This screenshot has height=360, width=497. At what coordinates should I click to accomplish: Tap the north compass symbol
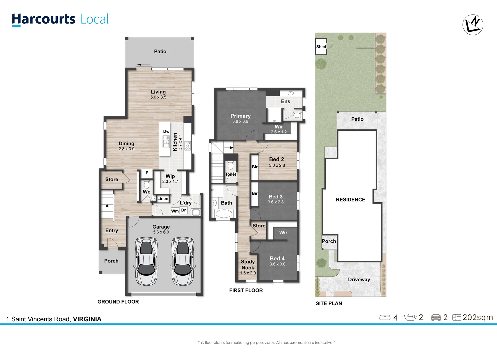pyautogui.click(x=473, y=25)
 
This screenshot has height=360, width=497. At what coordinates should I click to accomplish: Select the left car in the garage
pyautogui.click(x=146, y=261)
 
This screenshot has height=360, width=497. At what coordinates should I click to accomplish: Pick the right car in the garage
pyautogui.click(x=183, y=261)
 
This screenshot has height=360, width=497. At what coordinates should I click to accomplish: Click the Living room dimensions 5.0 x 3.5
pyautogui.click(x=158, y=97)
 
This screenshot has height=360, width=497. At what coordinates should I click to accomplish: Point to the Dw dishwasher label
pyautogui.click(x=166, y=131)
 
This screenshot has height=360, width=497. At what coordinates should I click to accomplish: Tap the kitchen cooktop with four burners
pyautogui.click(x=188, y=146)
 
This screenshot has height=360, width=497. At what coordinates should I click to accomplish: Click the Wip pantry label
pyautogui.click(x=170, y=176)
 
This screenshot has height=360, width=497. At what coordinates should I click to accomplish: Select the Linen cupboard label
pyautogui.click(x=163, y=199)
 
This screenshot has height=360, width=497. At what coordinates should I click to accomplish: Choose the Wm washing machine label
pyautogui.click(x=175, y=211)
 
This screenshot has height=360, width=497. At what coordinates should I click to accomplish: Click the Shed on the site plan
pyautogui.click(x=321, y=47)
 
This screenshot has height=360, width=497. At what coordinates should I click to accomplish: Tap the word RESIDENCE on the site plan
pyautogui.click(x=350, y=200)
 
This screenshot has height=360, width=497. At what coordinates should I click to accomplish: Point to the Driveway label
pyautogui.click(x=359, y=280)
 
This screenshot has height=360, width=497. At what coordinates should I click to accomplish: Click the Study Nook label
pyautogui.click(x=248, y=265)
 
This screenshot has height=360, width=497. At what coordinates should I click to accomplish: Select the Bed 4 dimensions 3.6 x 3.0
pyautogui.click(x=277, y=264)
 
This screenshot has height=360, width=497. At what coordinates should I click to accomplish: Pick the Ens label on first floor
pyautogui.click(x=285, y=101)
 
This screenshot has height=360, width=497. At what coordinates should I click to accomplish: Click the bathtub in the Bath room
pyautogui.click(x=223, y=214)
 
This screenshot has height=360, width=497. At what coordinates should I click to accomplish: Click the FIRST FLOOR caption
pyautogui.click(x=246, y=290)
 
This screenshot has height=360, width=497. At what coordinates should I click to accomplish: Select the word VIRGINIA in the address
pyautogui.click(x=87, y=319)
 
